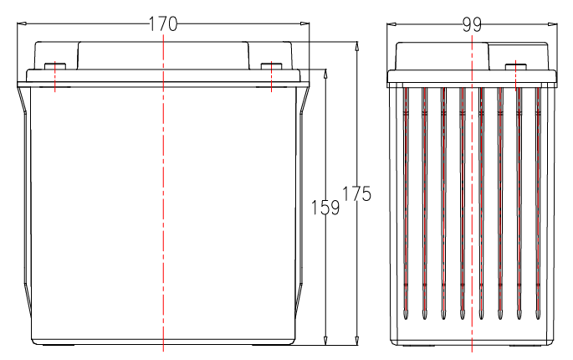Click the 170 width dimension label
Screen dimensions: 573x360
click(x=163, y=24)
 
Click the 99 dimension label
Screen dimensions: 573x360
click(x=472, y=25)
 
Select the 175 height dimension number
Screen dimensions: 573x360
click(x=356, y=193)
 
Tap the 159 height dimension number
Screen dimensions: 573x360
click(x=325, y=208)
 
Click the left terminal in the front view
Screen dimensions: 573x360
click(x=55, y=66)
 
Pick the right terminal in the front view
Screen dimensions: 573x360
click(x=271, y=66)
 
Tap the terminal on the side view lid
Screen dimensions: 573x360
click(x=515, y=66)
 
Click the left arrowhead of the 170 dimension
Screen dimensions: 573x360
click(x=22, y=23)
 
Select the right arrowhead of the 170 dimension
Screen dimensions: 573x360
click(x=304, y=23)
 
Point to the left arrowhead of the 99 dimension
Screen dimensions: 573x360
click(x=391, y=24)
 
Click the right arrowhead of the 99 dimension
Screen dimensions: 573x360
click(x=553, y=24)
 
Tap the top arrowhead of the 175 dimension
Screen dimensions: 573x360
click(x=357, y=46)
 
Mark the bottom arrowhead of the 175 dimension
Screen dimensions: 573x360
click(x=357, y=340)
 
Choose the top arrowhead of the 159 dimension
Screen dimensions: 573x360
click(x=325, y=74)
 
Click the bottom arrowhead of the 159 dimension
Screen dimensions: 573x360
click(x=325, y=340)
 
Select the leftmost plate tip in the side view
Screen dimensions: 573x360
click(x=405, y=315)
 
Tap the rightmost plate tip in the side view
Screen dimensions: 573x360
click(x=538, y=315)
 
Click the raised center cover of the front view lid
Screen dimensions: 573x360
click(x=163, y=55)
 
